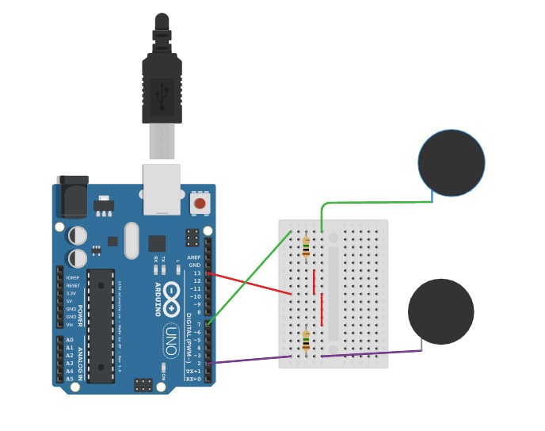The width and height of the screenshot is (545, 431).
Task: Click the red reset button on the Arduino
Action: pyautogui.click(x=200, y=204)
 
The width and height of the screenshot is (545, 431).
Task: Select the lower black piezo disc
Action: pyautogui.click(x=440, y=311)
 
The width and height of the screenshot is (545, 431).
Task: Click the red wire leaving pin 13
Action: pyautogui.click(x=253, y=284)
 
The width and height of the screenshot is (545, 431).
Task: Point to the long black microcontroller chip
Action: pyautogui.click(x=102, y=324)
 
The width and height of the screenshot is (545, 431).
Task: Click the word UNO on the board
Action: pyautogui.click(x=173, y=340)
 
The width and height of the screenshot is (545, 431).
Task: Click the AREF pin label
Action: pyautogui.click(x=193, y=257)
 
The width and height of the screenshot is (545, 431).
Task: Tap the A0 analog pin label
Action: pyautogui.click(x=69, y=340)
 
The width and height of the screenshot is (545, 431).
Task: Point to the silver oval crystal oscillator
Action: pyautogui.click(x=131, y=240)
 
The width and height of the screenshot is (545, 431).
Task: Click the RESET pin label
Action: pyautogui.click(x=72, y=285)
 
